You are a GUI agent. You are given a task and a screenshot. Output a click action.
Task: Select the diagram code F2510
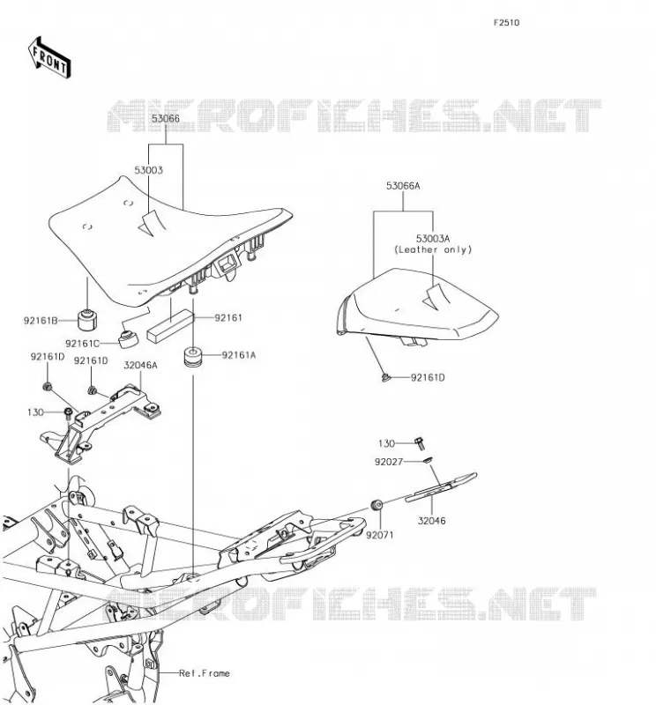506,23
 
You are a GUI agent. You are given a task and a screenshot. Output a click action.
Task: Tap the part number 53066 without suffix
165,119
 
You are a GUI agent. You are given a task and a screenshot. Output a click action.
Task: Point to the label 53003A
433,238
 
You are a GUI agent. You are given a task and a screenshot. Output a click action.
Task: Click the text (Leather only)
433,249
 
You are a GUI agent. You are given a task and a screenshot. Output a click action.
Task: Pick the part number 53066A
403,186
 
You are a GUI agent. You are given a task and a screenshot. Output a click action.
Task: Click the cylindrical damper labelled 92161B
87,319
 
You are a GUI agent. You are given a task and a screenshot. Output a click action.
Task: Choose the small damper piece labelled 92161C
129,338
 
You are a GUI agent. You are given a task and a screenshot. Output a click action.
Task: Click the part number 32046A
140,365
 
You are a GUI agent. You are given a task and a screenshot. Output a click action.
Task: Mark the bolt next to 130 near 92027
420,444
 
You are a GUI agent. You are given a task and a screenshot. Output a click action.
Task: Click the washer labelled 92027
428,460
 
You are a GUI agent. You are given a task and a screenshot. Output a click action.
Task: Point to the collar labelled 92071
376,504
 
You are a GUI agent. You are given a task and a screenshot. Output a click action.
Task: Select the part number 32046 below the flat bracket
431,521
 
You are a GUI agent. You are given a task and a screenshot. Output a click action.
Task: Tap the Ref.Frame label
205,673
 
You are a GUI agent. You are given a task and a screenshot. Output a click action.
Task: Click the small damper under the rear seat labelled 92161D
385,377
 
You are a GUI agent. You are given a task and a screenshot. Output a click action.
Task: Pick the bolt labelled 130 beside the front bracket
69,412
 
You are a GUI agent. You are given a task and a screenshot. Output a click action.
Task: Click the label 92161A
239,355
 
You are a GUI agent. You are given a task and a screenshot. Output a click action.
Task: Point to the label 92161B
41,321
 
